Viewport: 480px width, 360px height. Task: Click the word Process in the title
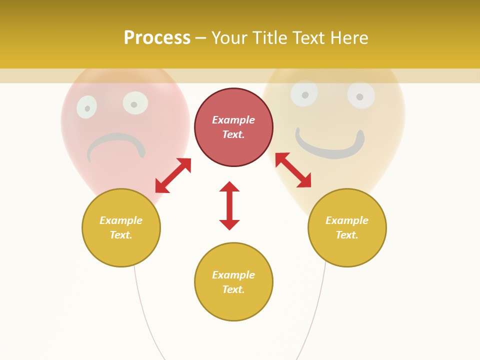tap(157, 38)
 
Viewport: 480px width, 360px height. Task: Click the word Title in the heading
tap(273, 38)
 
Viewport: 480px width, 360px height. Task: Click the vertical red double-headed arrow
tap(229, 205)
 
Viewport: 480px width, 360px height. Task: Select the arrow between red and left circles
tap(173, 175)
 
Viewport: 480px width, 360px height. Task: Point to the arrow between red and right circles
tap(293, 170)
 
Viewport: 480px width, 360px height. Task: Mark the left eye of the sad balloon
tap(87, 107)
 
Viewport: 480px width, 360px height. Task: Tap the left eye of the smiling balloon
tap(304, 93)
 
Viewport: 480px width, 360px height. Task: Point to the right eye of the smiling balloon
tap(360, 95)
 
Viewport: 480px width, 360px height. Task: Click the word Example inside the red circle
tap(233, 120)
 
